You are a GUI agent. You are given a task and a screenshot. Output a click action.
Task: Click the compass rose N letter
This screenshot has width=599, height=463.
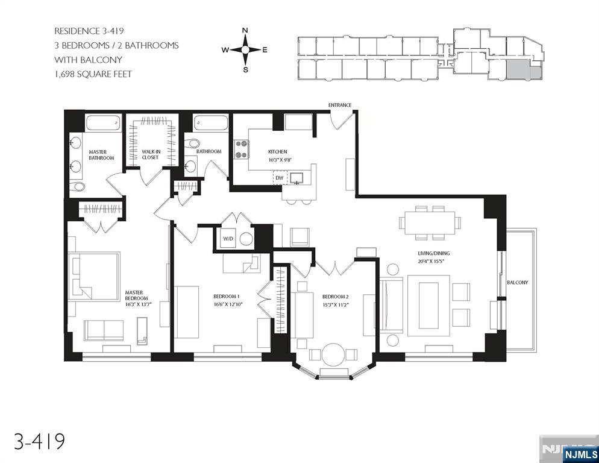(x=245, y=31)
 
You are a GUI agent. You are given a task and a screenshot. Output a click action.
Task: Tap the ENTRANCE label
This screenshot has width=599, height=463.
(x=339, y=105)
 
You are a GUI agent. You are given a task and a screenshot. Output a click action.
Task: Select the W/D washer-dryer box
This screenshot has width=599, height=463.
(x=228, y=238)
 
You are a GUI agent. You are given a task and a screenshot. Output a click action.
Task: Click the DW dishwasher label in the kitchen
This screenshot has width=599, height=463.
(x=279, y=178)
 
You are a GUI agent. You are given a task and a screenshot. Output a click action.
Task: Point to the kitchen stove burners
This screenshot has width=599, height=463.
(x=242, y=149)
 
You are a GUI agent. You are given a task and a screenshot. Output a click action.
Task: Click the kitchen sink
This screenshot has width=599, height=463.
(x=297, y=177)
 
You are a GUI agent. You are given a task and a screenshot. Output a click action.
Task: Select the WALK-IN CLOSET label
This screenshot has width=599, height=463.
(x=150, y=154)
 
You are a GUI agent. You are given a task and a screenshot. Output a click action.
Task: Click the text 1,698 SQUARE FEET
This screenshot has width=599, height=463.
(x=93, y=74)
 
